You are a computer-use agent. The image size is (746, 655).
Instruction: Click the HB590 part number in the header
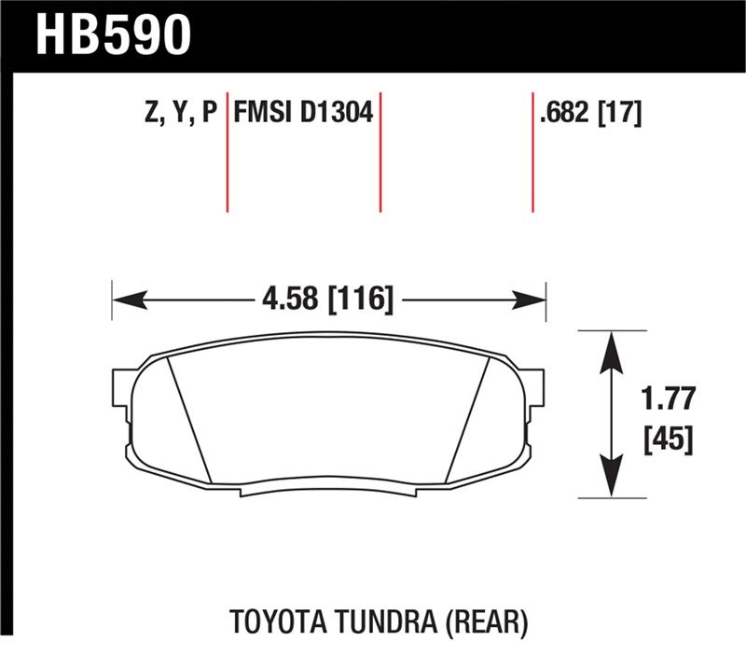(113, 35)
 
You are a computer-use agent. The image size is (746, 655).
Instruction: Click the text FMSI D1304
(303, 114)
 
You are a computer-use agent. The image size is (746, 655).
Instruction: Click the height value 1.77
(668, 398)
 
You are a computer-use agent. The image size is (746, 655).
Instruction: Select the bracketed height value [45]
(668, 439)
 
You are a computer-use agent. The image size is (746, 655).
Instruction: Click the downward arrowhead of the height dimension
(611, 481)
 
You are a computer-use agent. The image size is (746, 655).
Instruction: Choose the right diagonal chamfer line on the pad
(468, 420)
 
